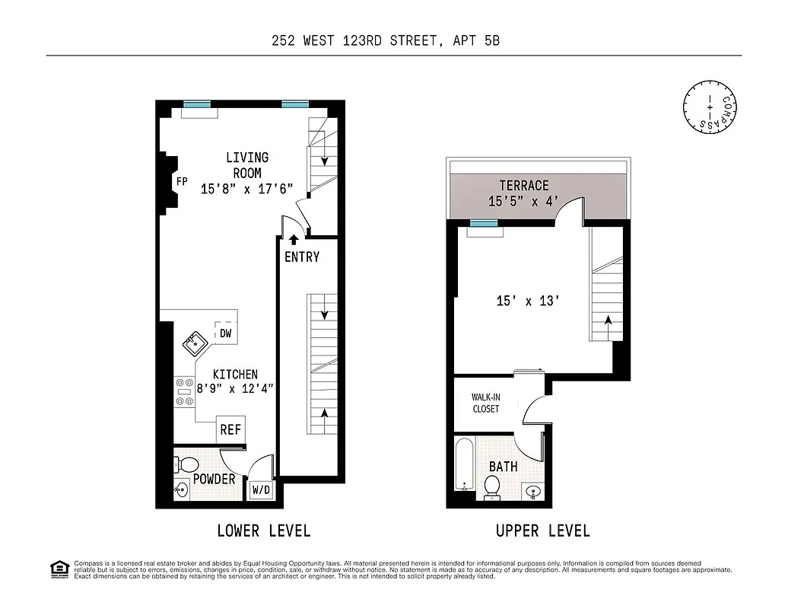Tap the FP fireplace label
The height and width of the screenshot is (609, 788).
pyautogui.click(x=182, y=182)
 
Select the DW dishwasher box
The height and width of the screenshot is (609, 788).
pyautogui.click(x=226, y=333)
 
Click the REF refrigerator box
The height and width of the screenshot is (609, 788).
pyautogui.click(x=230, y=429)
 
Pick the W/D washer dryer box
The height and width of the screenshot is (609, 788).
pyautogui.click(x=261, y=490)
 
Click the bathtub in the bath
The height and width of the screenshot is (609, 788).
pyautogui.click(x=465, y=465)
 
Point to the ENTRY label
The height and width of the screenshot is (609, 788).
pyautogui.click(x=302, y=257)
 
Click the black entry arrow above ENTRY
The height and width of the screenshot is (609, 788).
pyautogui.click(x=294, y=240)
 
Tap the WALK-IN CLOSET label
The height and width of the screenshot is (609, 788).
pyautogui.click(x=485, y=403)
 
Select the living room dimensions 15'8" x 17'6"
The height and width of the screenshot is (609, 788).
pyautogui.click(x=246, y=190)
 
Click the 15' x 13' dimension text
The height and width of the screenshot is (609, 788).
pyautogui.click(x=528, y=301)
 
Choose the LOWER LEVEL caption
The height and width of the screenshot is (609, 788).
pyautogui.click(x=263, y=531)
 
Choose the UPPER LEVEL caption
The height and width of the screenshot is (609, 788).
pyautogui.click(x=542, y=531)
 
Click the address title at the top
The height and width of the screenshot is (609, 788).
pyautogui.click(x=386, y=41)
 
